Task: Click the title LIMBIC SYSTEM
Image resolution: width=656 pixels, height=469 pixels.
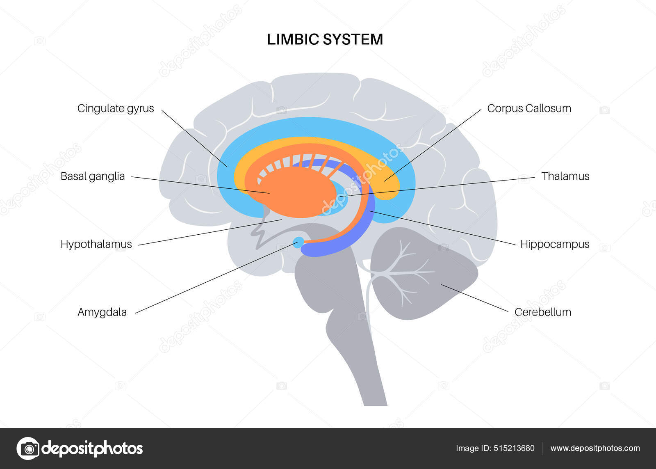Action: [x=325, y=39]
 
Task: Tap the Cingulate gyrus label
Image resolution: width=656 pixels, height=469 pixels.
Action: [x=116, y=108]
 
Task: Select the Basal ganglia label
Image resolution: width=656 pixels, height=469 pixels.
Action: [x=93, y=176]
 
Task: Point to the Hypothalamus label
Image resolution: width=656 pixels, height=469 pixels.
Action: [x=96, y=244]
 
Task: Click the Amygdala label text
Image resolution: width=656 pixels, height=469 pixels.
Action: [x=102, y=312]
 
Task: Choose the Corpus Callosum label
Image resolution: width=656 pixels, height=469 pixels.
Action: [x=529, y=108]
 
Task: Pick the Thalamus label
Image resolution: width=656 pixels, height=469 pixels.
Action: [x=565, y=176]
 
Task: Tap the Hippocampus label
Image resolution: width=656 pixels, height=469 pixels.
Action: [x=554, y=244]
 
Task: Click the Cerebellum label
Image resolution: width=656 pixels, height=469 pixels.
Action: [x=542, y=312]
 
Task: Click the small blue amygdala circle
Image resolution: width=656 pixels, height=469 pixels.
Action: [x=299, y=242]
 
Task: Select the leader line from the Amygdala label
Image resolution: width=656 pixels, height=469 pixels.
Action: [x=213, y=279]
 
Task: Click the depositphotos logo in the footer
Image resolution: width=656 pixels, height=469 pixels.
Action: [x=80, y=448]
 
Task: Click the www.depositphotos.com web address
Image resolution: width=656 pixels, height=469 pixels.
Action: [x=595, y=448]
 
